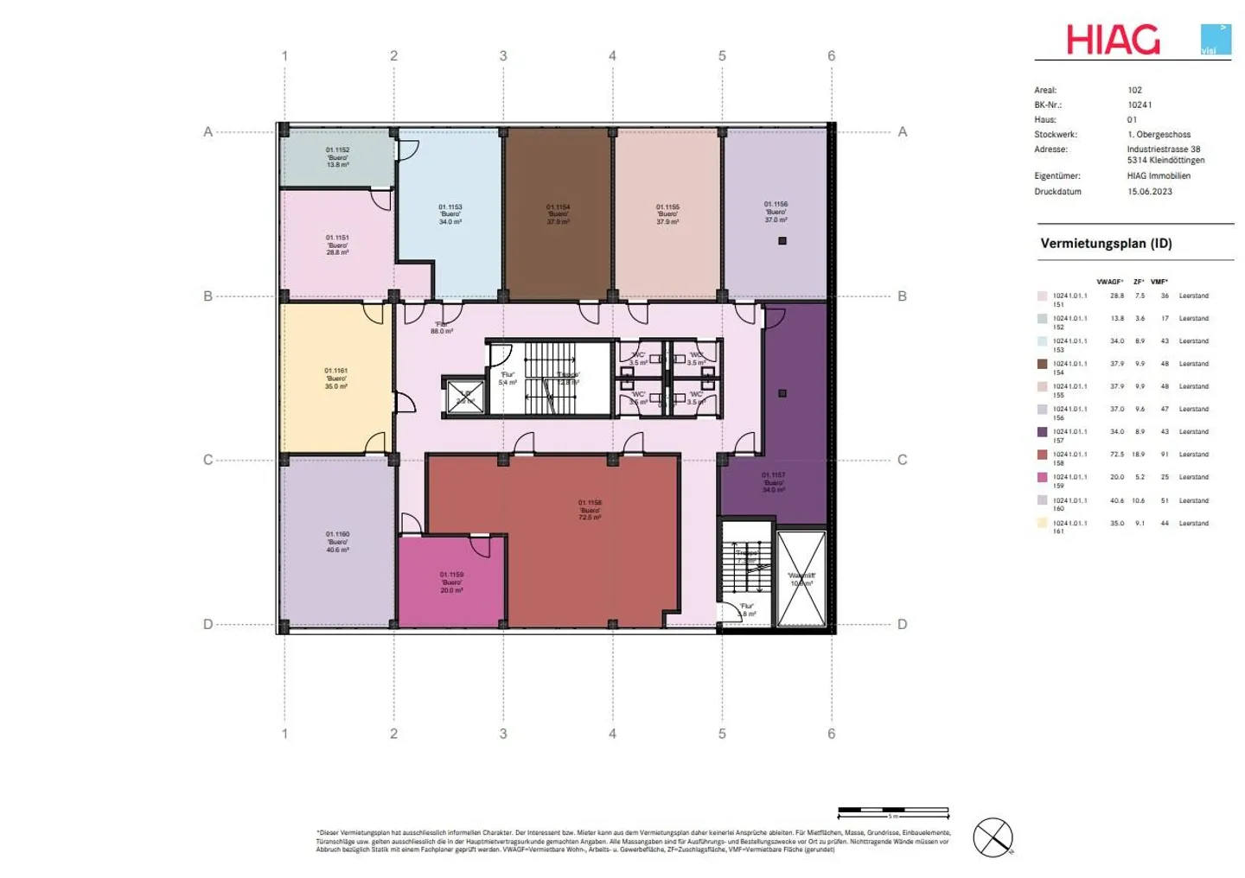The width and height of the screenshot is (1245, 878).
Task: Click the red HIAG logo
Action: [x=1113, y=40]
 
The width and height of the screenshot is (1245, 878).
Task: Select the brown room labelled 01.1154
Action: [x=558, y=213]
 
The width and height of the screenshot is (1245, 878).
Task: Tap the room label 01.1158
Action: [x=590, y=509]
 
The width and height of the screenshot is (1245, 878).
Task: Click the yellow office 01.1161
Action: [x=336, y=379]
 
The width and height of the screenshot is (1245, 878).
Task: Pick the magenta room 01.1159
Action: [x=451, y=582]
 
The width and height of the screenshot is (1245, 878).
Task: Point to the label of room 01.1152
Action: [x=337, y=157]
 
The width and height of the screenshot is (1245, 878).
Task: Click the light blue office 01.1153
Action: [x=450, y=214]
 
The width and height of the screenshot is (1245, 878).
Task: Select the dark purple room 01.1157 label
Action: [x=773, y=482]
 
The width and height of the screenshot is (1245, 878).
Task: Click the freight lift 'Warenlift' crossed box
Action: [x=801, y=579]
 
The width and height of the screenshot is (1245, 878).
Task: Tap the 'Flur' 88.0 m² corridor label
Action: [x=442, y=328]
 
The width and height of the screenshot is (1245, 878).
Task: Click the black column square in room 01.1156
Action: [x=782, y=241]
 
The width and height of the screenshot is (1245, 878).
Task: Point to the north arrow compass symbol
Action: [x=993, y=837]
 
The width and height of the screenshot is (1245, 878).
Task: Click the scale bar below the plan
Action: [x=893, y=812]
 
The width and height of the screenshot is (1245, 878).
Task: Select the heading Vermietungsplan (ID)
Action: [x=1106, y=244]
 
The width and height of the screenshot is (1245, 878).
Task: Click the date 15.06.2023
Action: [x=1149, y=192]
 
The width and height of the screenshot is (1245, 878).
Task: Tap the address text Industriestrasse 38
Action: [x=1163, y=150]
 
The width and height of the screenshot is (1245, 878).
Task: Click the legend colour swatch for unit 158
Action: [x=1042, y=455]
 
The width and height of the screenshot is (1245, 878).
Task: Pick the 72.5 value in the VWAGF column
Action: [x=1117, y=455]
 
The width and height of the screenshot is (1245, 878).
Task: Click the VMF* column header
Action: [x=1159, y=282]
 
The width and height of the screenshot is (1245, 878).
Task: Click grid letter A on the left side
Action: [x=207, y=132]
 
